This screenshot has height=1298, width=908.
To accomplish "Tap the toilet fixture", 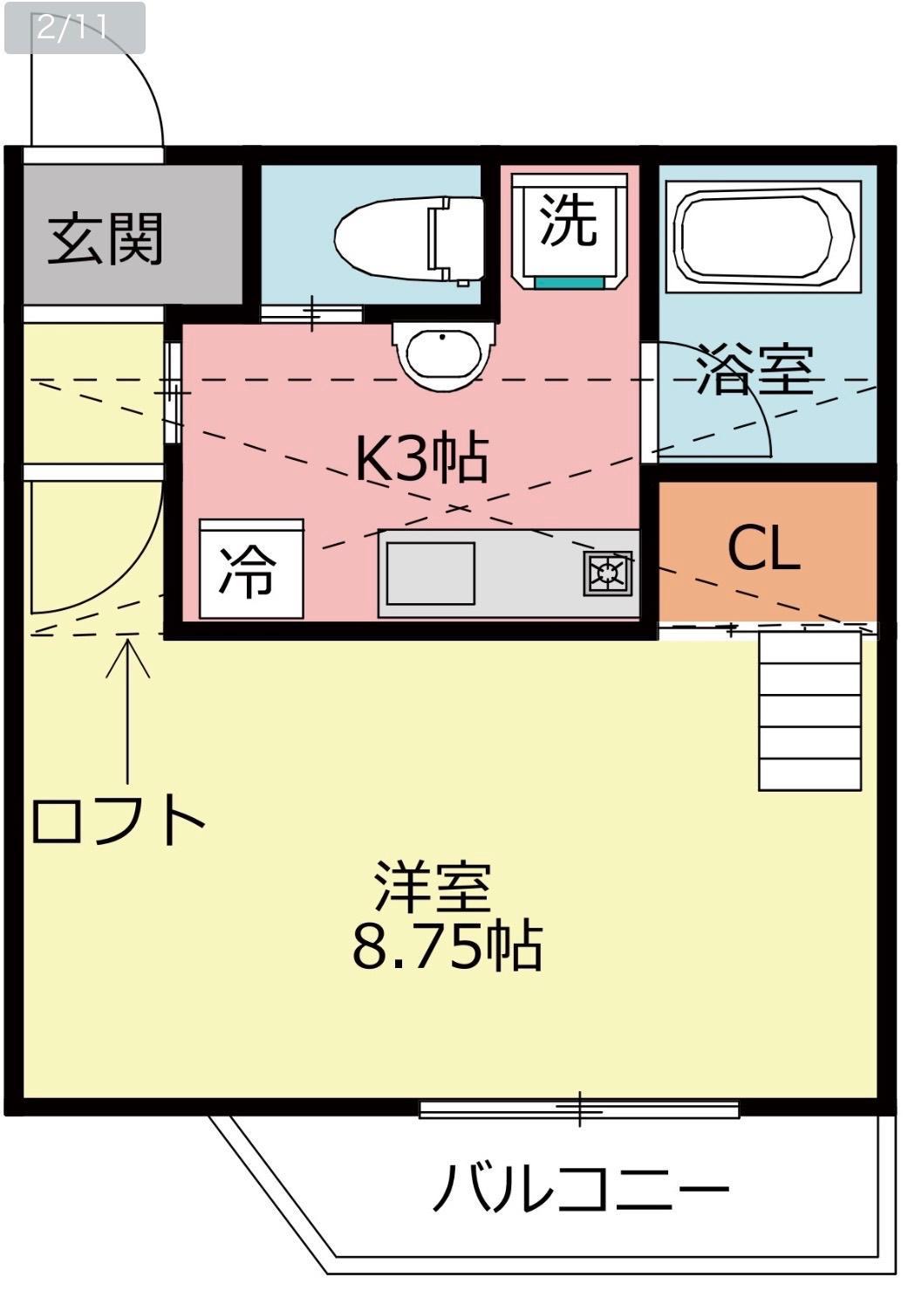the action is (x=409, y=240).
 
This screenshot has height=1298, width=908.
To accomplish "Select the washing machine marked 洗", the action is (x=570, y=230).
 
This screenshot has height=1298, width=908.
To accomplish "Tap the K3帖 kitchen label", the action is (x=421, y=457).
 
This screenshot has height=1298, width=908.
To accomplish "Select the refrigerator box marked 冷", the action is (x=251, y=569).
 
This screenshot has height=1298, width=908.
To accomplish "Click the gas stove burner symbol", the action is (x=607, y=573).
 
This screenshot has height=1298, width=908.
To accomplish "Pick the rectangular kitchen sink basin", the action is (x=430, y=573).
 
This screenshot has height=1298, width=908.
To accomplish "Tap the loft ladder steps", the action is (x=809, y=711).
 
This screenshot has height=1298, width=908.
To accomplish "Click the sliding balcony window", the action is (x=579, y=1109).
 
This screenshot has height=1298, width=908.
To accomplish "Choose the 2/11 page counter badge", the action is (x=75, y=28).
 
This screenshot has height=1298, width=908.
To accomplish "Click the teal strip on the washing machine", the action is (x=570, y=282).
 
